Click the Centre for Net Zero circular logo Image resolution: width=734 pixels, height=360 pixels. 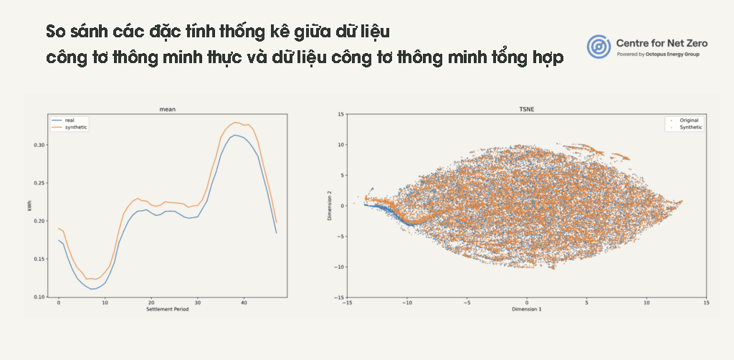pos(599,47)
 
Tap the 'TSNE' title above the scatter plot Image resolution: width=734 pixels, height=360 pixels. pos(527,110)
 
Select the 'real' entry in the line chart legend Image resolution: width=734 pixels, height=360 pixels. pos(70,120)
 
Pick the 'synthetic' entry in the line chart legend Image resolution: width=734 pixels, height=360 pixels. pos(76,128)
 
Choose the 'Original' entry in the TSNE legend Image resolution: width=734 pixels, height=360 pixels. pos(689,120)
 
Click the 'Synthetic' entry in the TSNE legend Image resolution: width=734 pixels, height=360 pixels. pos(690,128)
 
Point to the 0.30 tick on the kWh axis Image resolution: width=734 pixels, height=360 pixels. pos(40,145)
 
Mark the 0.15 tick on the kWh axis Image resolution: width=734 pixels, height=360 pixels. pos(40,259)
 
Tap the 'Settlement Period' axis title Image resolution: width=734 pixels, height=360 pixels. pos(168,309)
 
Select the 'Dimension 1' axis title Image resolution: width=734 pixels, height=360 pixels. pos(527,309)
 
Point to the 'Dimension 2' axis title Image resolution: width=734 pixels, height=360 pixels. pos(330,206)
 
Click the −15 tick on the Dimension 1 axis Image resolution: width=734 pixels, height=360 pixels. pos(348,303)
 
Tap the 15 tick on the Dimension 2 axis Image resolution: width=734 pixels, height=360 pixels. pos(341,114)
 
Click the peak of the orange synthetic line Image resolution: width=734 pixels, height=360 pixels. pos(235,122)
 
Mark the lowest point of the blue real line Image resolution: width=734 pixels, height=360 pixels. pos(92,289)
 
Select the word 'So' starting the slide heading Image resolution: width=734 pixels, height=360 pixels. pos(55,32)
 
